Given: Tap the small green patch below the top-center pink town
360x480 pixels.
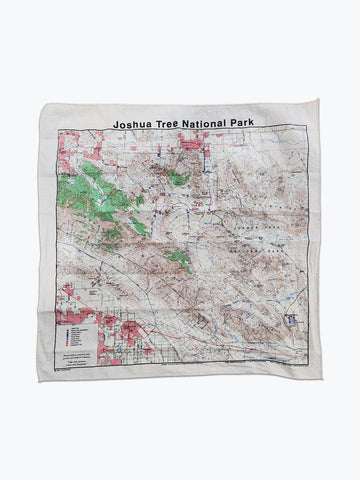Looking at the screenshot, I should coord(179,177).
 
